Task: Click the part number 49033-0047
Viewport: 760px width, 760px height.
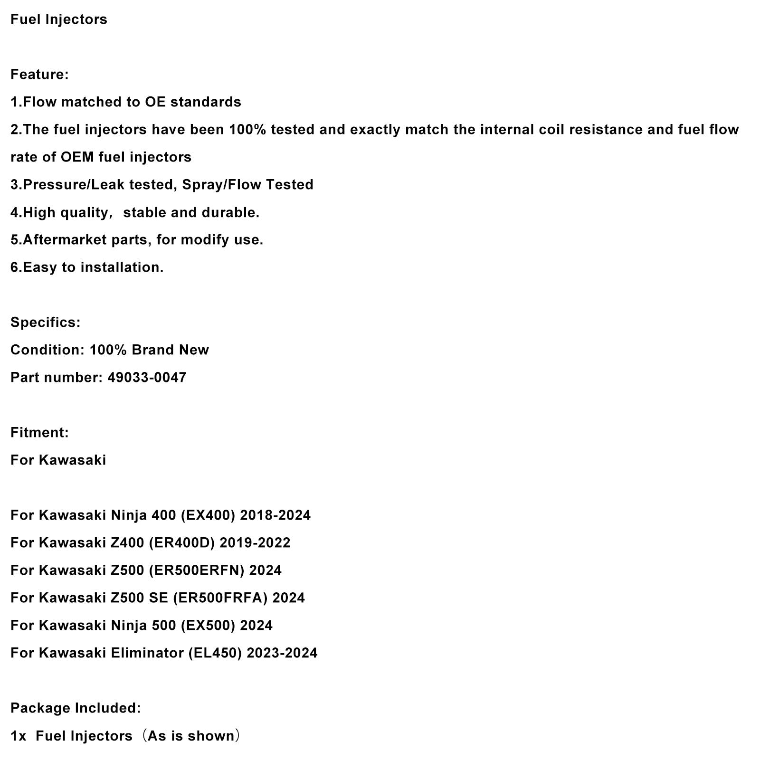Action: pyautogui.click(x=147, y=378)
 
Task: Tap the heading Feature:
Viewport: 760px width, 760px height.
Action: pyautogui.click(x=39, y=75)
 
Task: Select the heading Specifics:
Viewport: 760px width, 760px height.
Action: pyautogui.click(x=46, y=323)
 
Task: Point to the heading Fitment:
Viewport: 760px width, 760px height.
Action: pyautogui.click(x=39, y=433)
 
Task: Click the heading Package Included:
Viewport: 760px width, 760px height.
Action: pyautogui.click(x=76, y=708)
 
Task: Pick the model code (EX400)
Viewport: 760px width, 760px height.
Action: pyautogui.click(x=208, y=515)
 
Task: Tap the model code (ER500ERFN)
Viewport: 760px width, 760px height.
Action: pyautogui.click(x=196, y=570)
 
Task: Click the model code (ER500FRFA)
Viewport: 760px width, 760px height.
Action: pyautogui.click(x=220, y=598)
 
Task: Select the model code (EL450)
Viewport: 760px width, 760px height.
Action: pyautogui.click(x=215, y=653)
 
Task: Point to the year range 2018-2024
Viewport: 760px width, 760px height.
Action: pyautogui.click(x=275, y=515)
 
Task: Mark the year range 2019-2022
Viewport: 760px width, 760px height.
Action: pyautogui.click(x=256, y=543)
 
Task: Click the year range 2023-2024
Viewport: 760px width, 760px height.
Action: pyautogui.click(x=282, y=653)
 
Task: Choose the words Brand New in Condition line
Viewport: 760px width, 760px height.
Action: pyautogui.click(x=170, y=350)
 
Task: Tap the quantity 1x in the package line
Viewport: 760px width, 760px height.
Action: pyautogui.click(x=18, y=736)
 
